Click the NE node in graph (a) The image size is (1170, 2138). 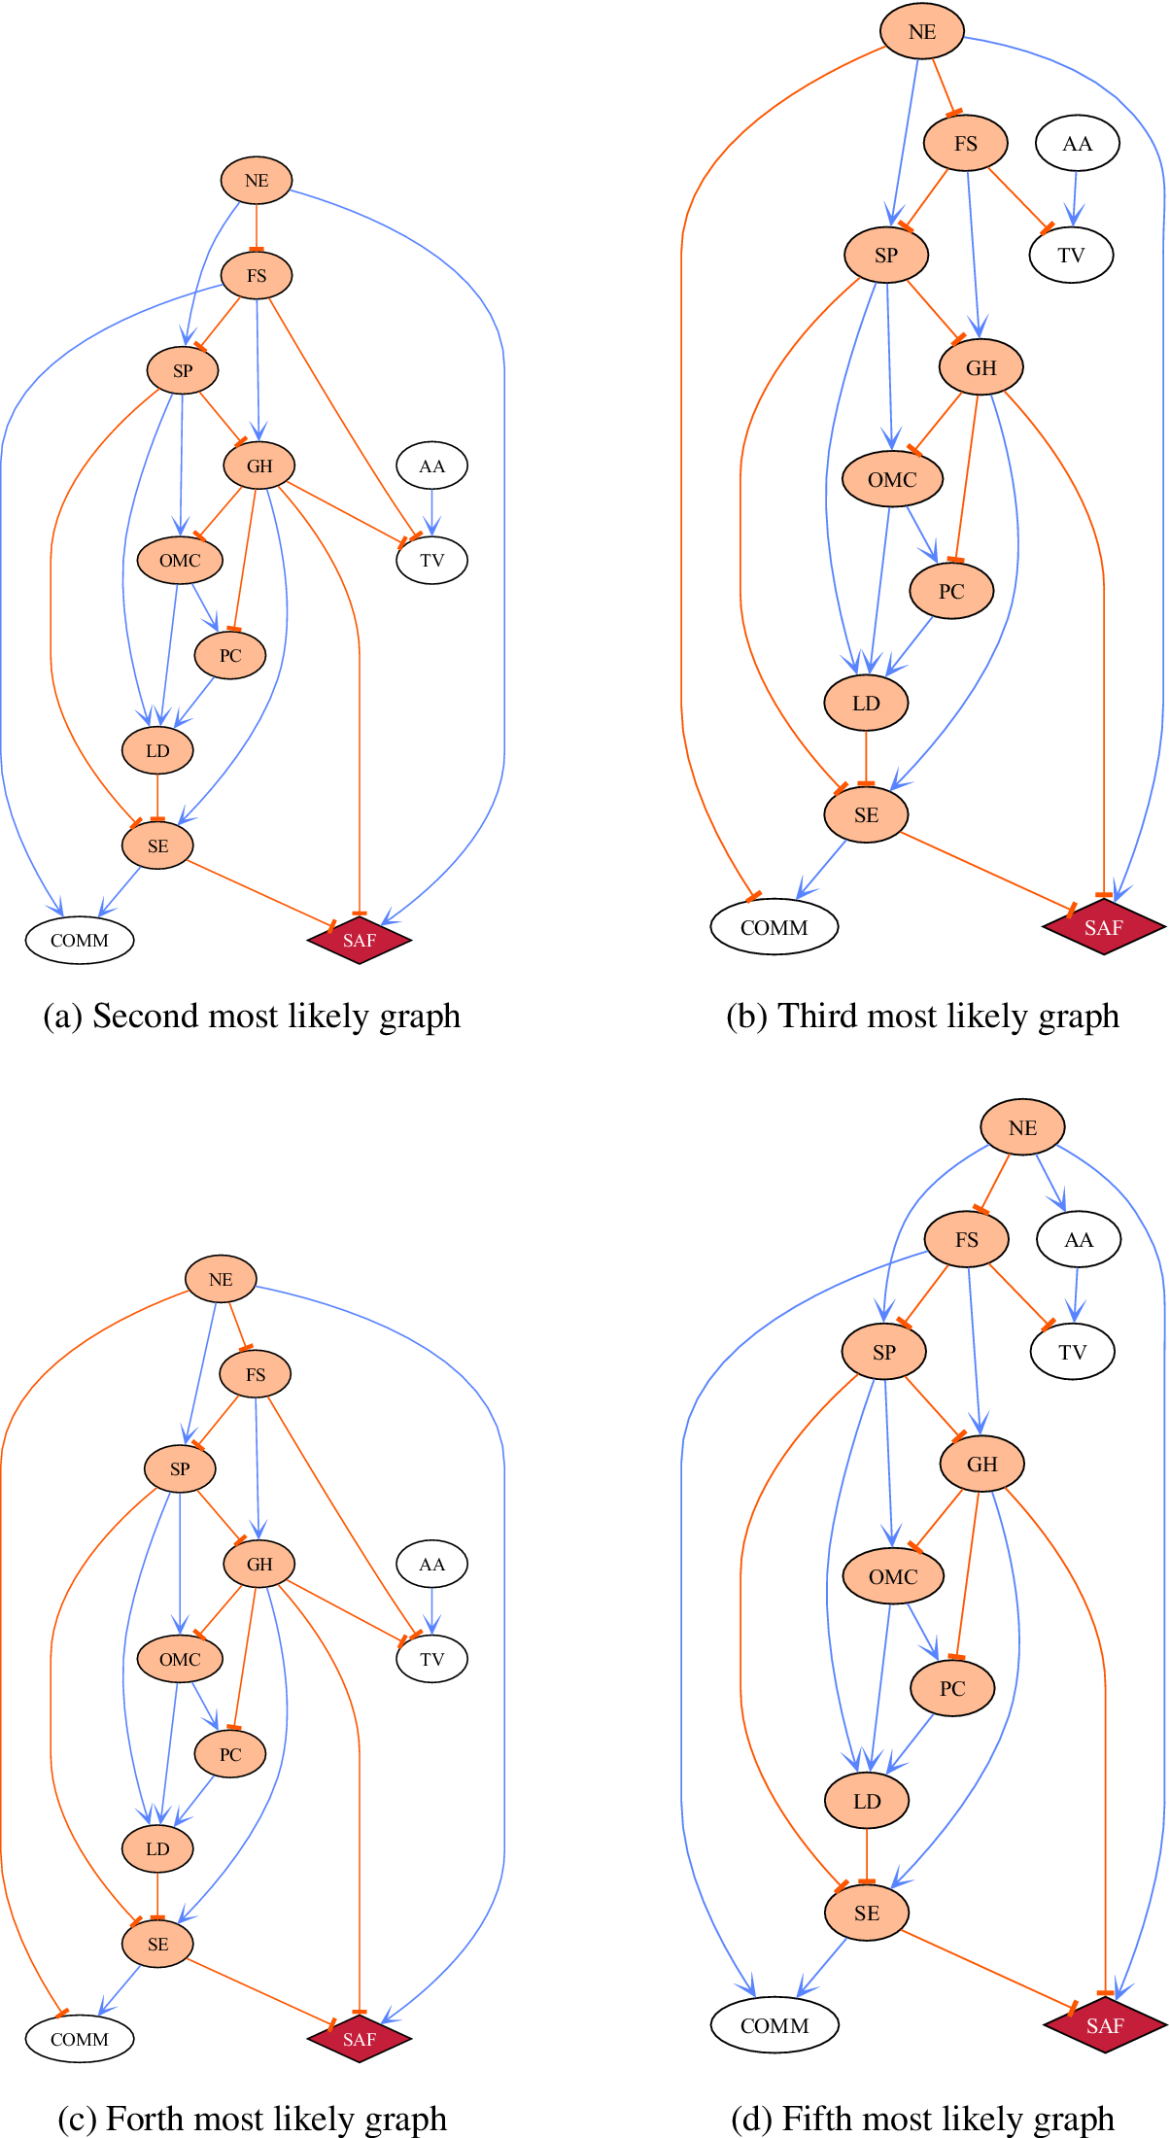[257, 181]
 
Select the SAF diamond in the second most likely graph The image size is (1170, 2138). [360, 940]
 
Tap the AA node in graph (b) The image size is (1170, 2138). [1077, 144]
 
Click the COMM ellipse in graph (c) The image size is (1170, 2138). [80, 2039]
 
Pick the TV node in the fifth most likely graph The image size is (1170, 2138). [1072, 1352]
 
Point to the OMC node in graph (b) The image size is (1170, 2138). [892, 479]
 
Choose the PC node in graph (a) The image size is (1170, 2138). [230, 655]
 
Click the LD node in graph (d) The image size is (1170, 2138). [867, 1801]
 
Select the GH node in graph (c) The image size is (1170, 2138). [259, 1564]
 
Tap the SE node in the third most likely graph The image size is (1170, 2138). [866, 814]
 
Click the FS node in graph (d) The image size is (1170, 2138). [966, 1239]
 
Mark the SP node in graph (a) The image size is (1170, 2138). [183, 370]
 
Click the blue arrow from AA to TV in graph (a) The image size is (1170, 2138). [432, 511]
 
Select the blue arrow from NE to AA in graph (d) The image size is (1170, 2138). [1050, 1182]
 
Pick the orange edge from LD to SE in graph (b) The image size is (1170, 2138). [866, 757]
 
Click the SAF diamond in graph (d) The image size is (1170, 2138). [1105, 2025]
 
